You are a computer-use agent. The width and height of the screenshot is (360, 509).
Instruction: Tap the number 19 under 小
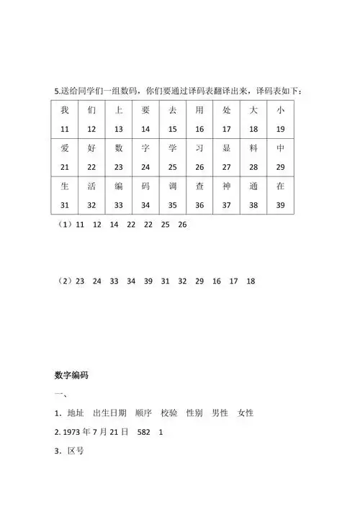pos(281,129)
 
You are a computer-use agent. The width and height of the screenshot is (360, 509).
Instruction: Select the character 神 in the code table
pos(226,185)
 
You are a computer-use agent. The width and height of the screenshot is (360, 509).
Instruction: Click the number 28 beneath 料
pos(253,166)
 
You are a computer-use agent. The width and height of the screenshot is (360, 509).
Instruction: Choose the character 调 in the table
pos(172,185)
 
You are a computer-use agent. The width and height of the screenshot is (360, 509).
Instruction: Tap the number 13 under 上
pos(118,129)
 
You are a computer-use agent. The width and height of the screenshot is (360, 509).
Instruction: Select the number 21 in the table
pos(64,166)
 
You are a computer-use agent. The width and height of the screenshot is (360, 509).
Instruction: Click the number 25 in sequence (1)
pos(165,225)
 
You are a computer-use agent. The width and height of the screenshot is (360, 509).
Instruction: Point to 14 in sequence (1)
pos(113,225)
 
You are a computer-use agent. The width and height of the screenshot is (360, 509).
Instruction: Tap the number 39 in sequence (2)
pos(148,281)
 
